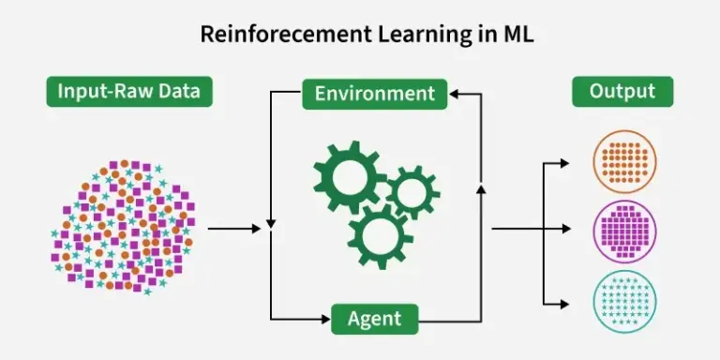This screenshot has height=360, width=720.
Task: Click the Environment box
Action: pos(374,94)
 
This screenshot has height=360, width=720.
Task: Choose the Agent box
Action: pos(374,320)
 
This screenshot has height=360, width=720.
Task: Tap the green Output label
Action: pos(622,92)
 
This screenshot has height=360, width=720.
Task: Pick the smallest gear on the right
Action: pos(410,191)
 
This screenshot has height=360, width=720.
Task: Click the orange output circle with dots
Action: pos(625,160)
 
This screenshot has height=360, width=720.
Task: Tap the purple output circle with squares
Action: pos(625,229)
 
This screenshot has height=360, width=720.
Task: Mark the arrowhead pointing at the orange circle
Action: pos(563,162)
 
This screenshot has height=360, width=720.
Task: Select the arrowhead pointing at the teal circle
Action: pos(563,303)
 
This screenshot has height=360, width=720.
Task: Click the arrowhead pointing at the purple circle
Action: pos(563,229)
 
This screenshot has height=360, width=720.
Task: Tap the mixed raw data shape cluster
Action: pos(122,224)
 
